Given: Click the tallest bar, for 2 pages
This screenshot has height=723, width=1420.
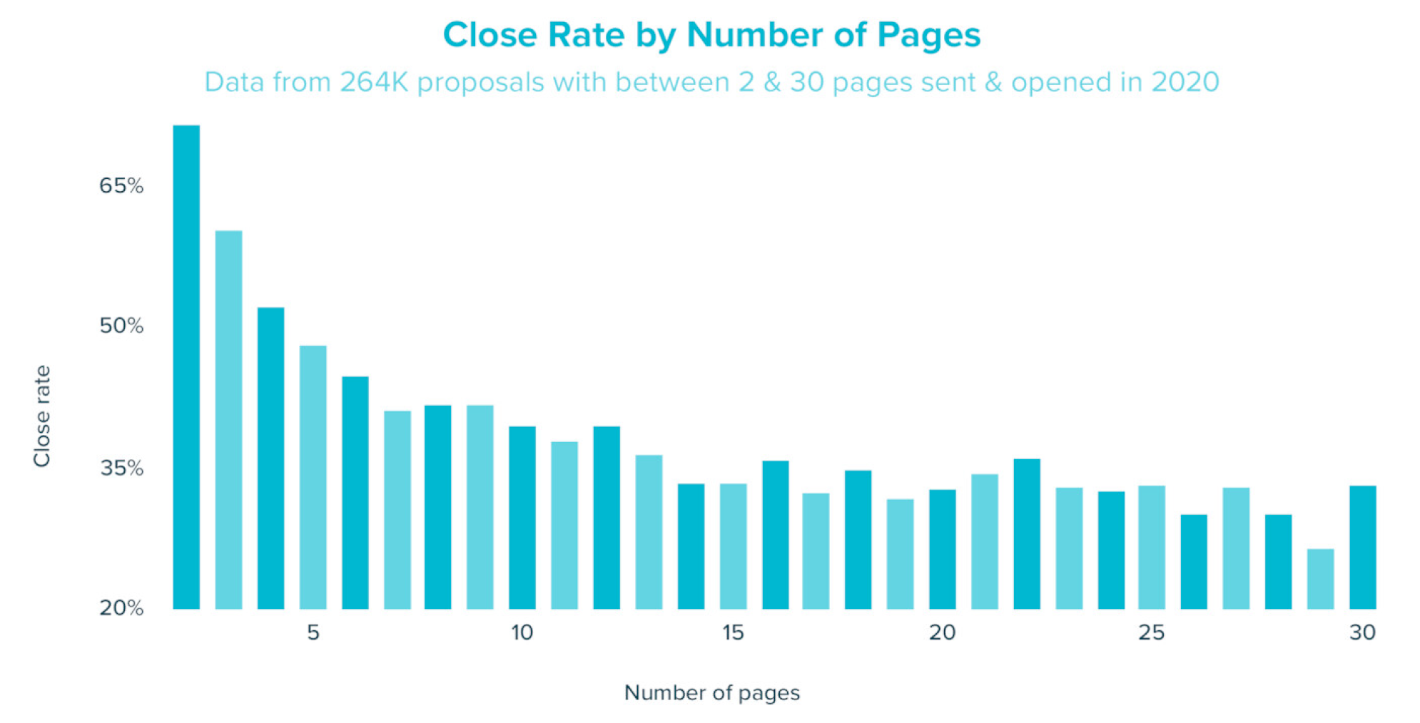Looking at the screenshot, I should click(186, 366).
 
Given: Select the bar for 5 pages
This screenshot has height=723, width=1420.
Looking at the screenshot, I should click(313, 477).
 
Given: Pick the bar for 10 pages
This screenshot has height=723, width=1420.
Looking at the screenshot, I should click(522, 517).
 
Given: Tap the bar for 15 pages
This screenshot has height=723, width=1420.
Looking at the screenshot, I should click(733, 545).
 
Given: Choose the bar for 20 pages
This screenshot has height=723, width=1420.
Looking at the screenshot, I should click(942, 548).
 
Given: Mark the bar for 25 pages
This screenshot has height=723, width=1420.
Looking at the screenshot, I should click(1151, 547).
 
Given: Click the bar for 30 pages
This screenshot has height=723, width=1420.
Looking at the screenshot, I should click(1362, 547).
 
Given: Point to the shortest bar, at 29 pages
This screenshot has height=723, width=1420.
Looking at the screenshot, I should click(1320, 578).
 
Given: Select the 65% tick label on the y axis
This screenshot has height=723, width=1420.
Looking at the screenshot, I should click(121, 186).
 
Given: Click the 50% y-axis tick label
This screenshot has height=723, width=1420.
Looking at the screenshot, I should click(121, 326).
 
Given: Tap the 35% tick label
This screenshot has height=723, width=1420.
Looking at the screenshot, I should click(121, 468).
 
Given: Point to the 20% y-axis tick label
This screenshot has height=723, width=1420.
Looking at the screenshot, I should click(121, 607).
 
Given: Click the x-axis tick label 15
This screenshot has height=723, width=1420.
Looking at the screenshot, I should click(733, 632).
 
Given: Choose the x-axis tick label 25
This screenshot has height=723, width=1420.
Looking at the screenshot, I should click(1151, 632).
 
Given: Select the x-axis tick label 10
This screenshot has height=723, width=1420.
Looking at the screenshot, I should click(522, 632).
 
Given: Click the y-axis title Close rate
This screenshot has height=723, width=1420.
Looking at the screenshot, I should click(42, 416).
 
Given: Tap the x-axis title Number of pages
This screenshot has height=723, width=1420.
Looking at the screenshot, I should click(711, 692).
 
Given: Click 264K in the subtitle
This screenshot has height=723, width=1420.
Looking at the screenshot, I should click(373, 82).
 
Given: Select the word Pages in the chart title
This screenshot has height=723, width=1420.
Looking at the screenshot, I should click(928, 35).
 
